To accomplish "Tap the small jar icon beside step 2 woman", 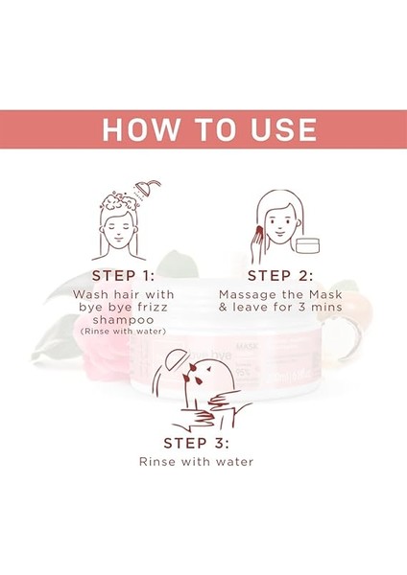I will click(308, 246).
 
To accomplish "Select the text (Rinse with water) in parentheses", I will click(120, 331).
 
